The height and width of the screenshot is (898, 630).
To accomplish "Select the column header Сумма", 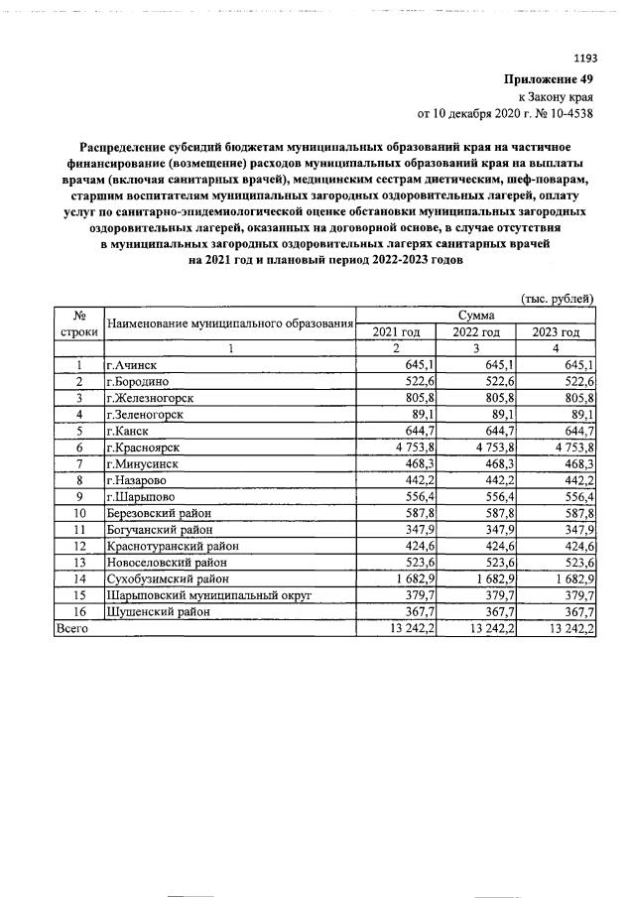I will pos(476,315).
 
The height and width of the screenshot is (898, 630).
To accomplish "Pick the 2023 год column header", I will pos(556,331).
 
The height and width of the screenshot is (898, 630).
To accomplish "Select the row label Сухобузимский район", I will pos(167,579).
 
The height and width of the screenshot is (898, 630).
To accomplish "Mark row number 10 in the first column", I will pos(78,513).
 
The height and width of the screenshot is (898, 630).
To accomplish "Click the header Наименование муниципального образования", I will pos(230,323).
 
